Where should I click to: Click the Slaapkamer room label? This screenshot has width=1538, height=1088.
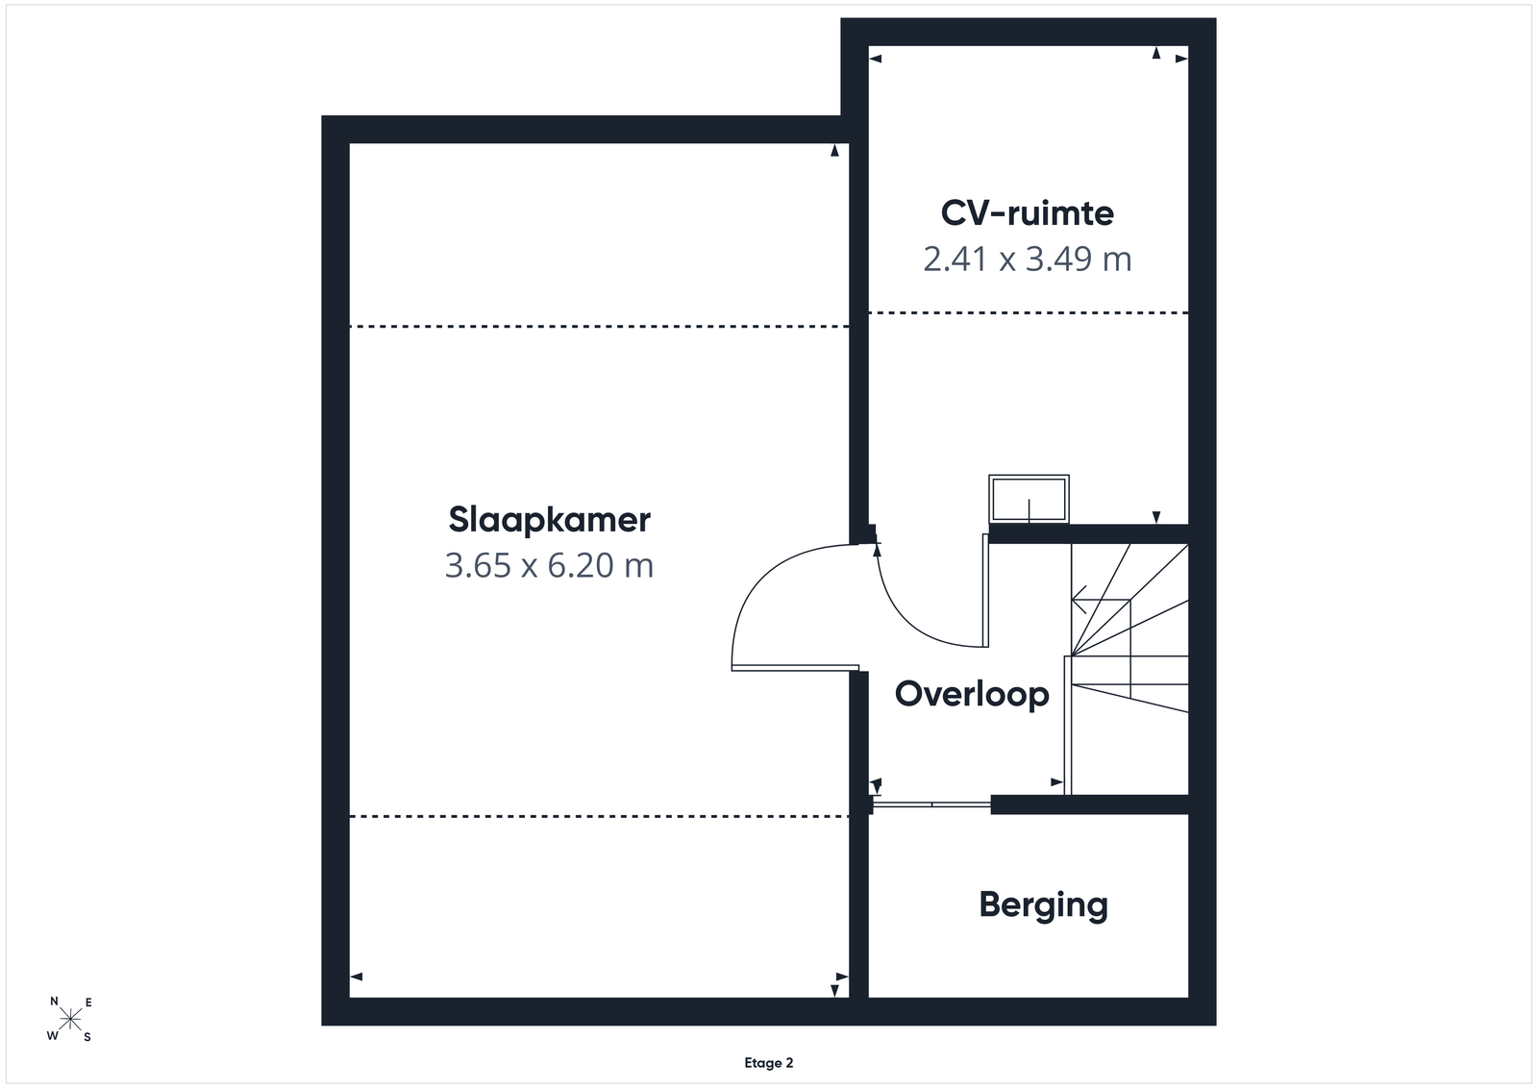click(x=549, y=520)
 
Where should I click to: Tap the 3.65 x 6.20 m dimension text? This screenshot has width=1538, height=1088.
click(x=549, y=565)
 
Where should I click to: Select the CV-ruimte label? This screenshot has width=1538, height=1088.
click(x=1028, y=212)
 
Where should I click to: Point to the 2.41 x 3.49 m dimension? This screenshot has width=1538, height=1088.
click(x=1028, y=259)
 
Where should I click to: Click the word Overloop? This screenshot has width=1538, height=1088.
click(x=972, y=693)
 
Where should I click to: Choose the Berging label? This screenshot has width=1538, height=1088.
click(x=1044, y=904)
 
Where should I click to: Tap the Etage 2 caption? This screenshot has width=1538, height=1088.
click(x=769, y=1063)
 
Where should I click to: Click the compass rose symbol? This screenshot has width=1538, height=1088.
click(x=70, y=1020)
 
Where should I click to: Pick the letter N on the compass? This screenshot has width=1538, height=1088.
click(x=54, y=1001)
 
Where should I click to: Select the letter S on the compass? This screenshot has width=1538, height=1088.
click(x=87, y=1037)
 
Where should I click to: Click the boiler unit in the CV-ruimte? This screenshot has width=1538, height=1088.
click(x=1029, y=499)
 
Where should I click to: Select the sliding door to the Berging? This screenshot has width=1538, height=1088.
click(x=931, y=804)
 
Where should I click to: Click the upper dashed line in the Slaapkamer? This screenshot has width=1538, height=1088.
click(x=599, y=327)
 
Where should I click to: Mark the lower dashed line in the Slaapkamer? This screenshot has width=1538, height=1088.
click(x=599, y=816)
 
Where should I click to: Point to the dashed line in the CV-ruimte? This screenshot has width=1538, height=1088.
click(x=1029, y=313)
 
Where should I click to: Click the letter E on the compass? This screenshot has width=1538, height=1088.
click(x=88, y=1002)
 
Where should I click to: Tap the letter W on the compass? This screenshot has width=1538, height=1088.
click(x=52, y=1036)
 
